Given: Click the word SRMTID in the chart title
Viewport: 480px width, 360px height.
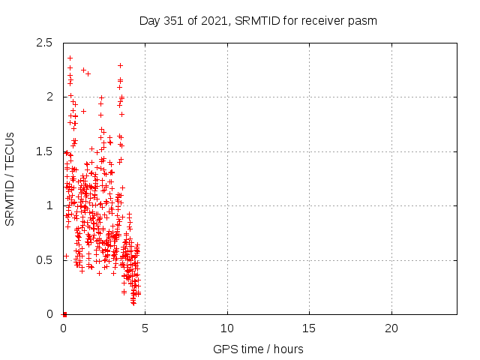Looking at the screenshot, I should [x=258, y=20].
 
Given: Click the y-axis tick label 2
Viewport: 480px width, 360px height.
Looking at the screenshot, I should [x=49, y=97].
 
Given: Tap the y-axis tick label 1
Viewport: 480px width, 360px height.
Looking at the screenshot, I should [x=49, y=205].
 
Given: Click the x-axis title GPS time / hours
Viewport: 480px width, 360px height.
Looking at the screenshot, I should [x=258, y=349].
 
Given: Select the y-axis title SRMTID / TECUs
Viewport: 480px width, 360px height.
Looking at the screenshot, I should [x=10, y=178].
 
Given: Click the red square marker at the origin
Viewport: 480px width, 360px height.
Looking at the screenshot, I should [x=64, y=314].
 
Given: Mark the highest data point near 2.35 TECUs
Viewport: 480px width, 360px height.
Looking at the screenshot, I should [x=70, y=58].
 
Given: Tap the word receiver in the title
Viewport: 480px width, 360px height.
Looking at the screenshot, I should [x=322, y=20].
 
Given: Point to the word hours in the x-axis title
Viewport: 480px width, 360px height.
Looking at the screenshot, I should [x=288, y=349].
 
